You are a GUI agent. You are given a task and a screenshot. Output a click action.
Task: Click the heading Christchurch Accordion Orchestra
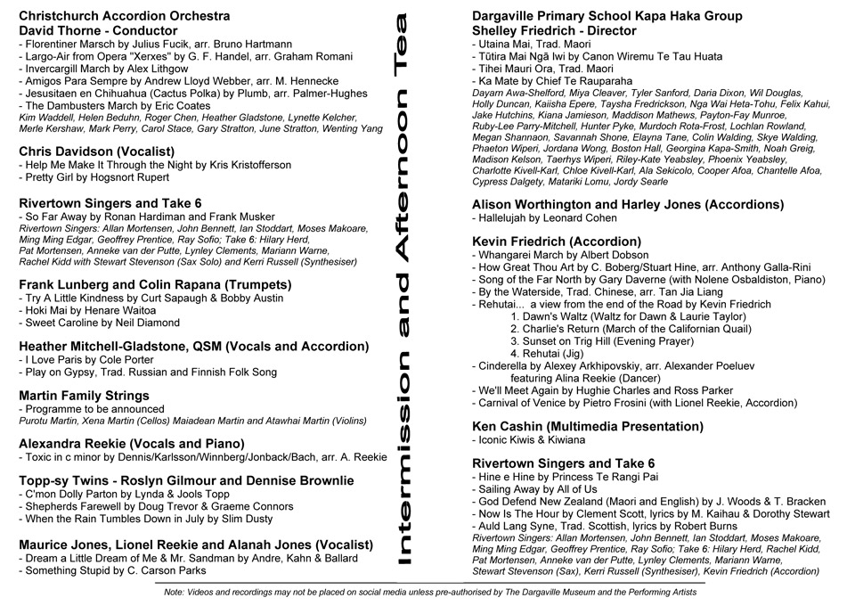click(x=124, y=16)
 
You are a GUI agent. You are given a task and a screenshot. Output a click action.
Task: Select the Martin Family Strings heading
click(x=85, y=396)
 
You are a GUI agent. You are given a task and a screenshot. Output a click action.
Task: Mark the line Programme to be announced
click(x=94, y=409)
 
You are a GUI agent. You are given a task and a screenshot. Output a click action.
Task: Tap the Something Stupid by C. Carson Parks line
click(x=110, y=570)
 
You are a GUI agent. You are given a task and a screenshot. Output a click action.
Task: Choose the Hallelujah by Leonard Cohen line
click(x=544, y=217)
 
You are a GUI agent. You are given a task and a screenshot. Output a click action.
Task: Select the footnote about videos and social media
click(x=430, y=591)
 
